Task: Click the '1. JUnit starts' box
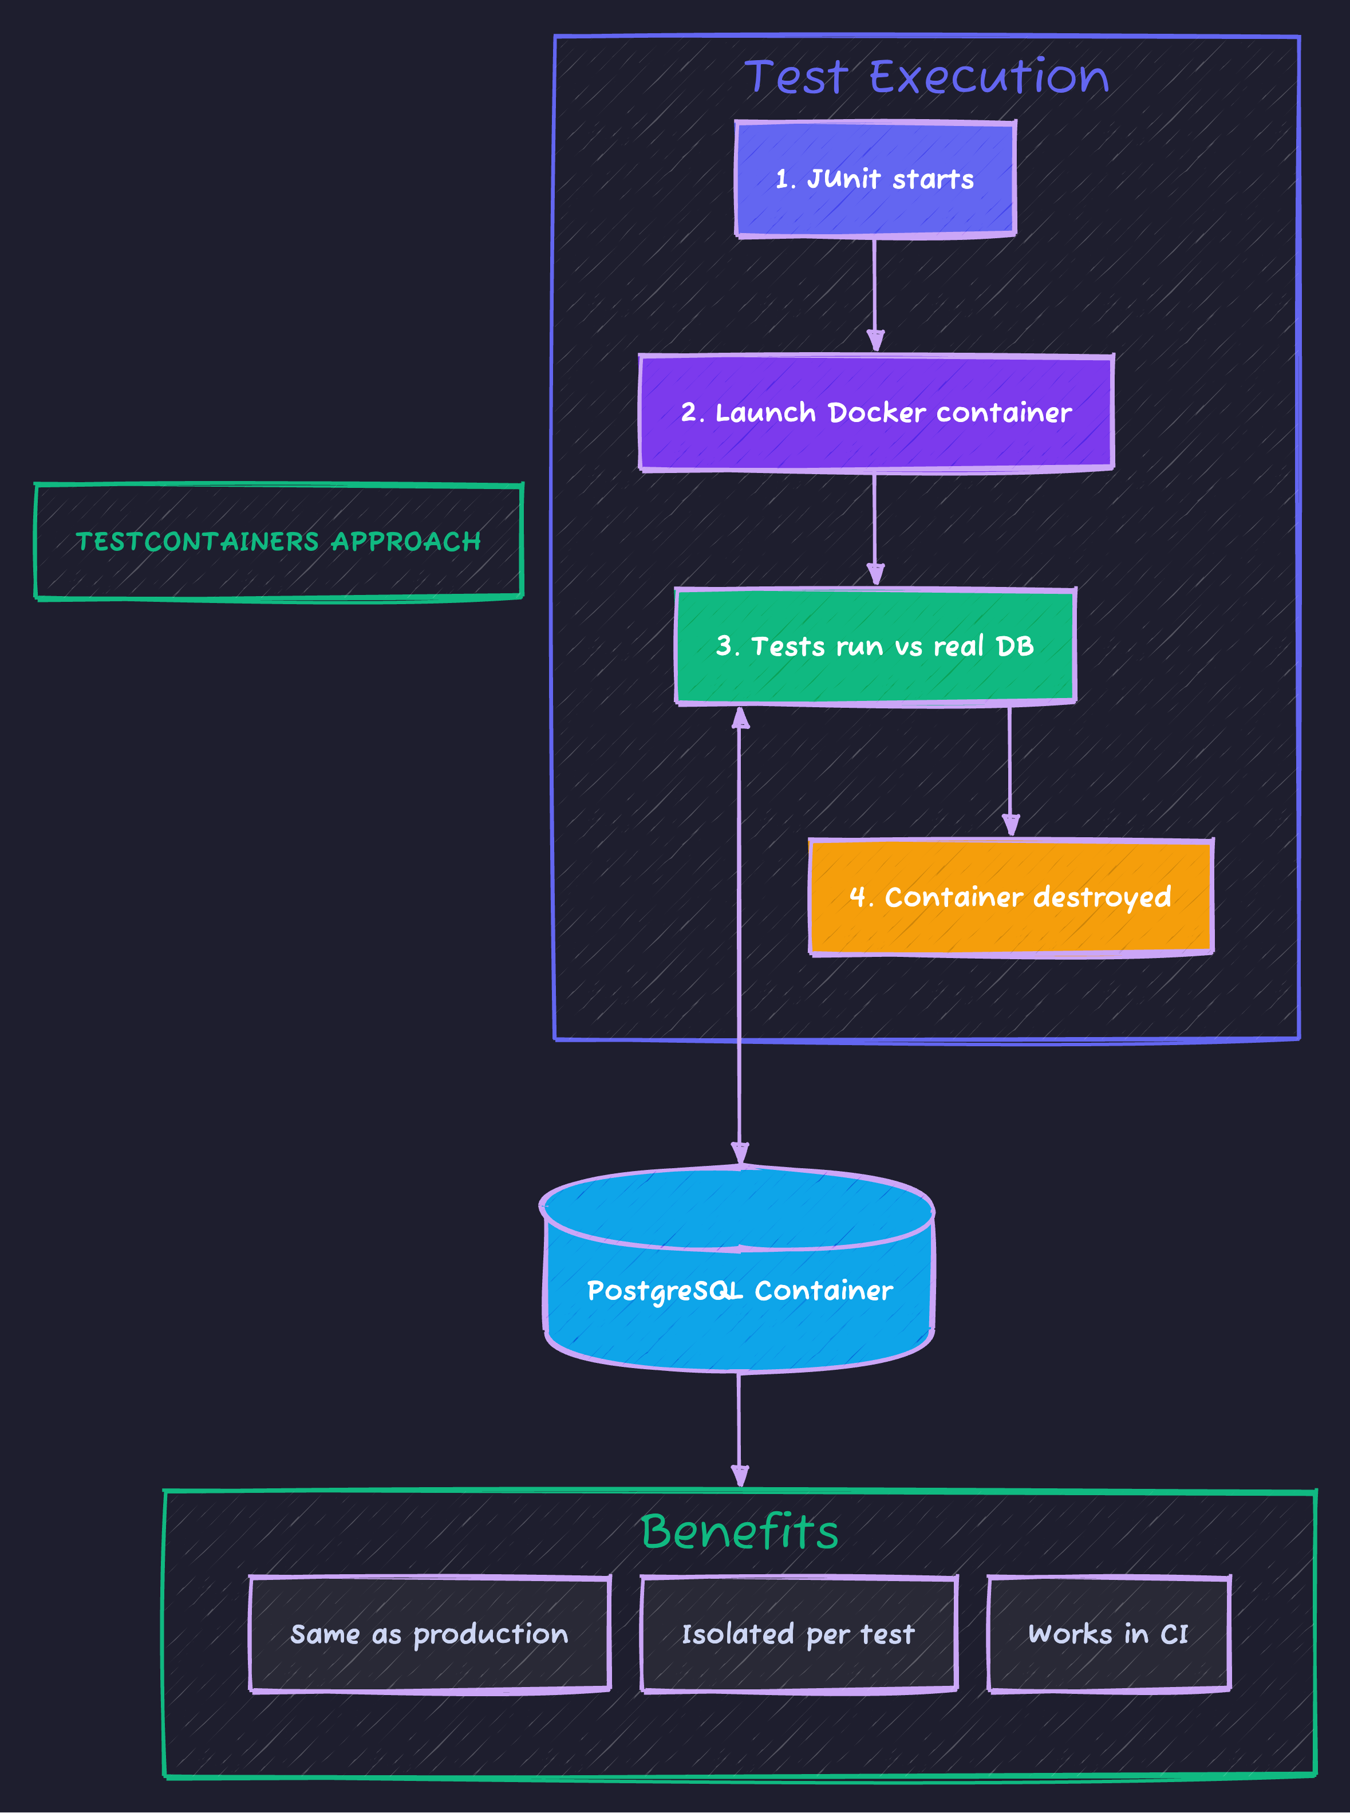(875, 179)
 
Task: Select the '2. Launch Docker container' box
(875, 413)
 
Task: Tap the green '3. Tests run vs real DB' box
(875, 647)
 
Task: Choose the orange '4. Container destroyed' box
(1011, 897)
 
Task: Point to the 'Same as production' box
(430, 1634)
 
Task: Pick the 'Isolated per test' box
(799, 1634)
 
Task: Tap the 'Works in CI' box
(1109, 1634)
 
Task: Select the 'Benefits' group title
(740, 1532)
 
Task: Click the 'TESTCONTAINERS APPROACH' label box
(279, 541)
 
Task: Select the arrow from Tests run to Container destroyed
(1010, 768)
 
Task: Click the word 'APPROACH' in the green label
(406, 541)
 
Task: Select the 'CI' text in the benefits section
(1174, 1634)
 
